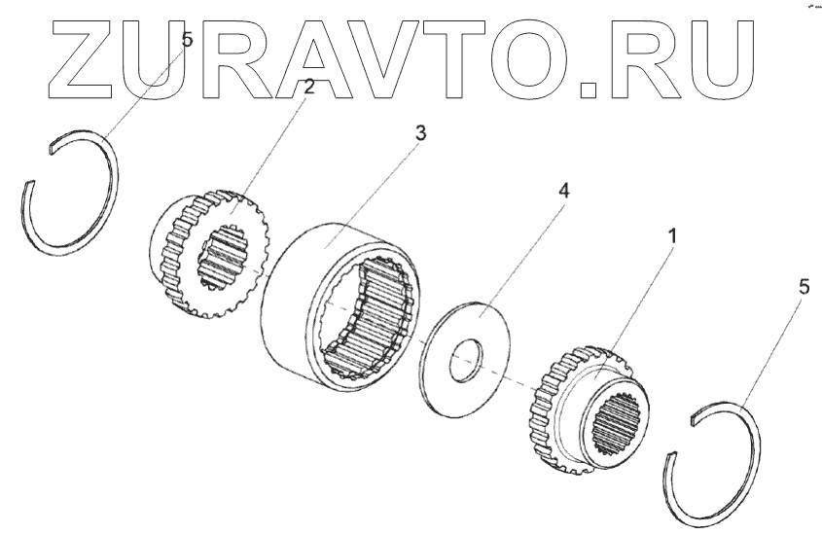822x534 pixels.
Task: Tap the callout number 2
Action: click(309, 88)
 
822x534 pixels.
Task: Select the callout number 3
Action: click(419, 134)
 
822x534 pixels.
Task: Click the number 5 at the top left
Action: click(188, 41)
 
